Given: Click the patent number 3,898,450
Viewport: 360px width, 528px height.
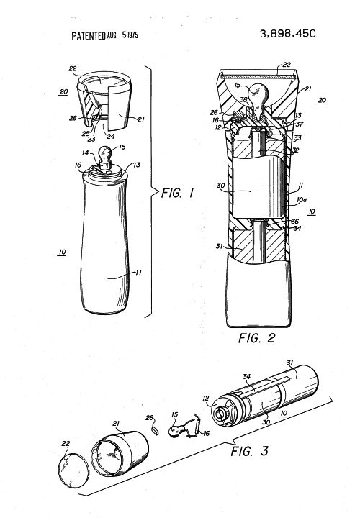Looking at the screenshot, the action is pyautogui.click(x=287, y=34).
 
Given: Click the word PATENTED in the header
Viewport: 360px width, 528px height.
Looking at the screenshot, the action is pyautogui.click(x=89, y=36).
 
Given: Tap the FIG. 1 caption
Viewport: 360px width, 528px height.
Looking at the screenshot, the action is pyautogui.click(x=178, y=193).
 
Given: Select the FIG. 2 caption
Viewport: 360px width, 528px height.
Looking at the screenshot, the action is pyautogui.click(x=256, y=338).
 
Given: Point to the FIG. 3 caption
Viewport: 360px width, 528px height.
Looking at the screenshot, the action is pyautogui.click(x=249, y=450).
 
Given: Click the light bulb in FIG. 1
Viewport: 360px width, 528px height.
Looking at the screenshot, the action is pyautogui.click(x=105, y=155).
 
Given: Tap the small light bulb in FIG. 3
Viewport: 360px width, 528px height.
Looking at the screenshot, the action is pyautogui.click(x=176, y=431).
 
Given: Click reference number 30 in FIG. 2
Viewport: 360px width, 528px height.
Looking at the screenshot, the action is pyautogui.click(x=221, y=186).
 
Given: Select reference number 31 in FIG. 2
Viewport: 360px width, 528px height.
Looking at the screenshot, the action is pyautogui.click(x=219, y=246).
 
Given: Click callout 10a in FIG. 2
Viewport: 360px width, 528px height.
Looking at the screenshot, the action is pyautogui.click(x=302, y=200).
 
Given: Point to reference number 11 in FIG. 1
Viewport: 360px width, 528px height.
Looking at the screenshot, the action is pyautogui.click(x=138, y=273).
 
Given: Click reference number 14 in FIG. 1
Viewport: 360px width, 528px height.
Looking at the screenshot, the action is pyautogui.click(x=85, y=153).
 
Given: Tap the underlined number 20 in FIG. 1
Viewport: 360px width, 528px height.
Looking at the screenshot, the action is pyautogui.click(x=63, y=91).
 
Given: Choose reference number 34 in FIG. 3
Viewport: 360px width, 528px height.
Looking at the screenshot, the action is pyautogui.click(x=247, y=376).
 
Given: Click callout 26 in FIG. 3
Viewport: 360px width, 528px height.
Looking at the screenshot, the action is pyautogui.click(x=149, y=418).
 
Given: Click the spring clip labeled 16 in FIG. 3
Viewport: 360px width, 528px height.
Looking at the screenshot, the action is pyautogui.click(x=193, y=427).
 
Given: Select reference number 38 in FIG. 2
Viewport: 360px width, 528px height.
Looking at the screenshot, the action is pyautogui.click(x=243, y=100).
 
